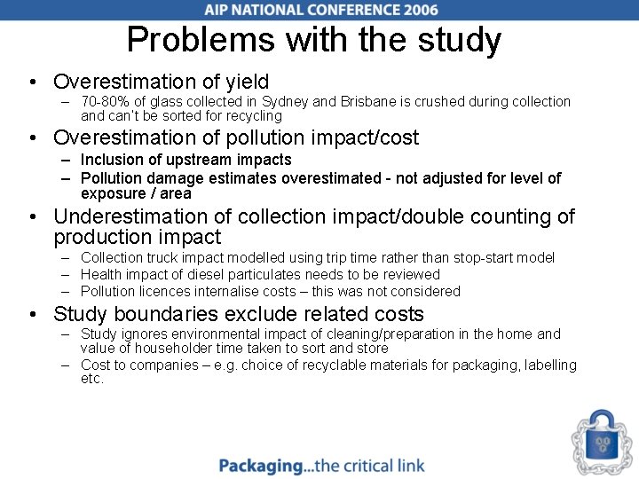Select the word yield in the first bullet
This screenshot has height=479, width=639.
[x=246, y=82]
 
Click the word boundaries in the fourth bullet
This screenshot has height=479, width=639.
[x=174, y=314]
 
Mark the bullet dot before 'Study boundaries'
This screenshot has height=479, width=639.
[x=31, y=315]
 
